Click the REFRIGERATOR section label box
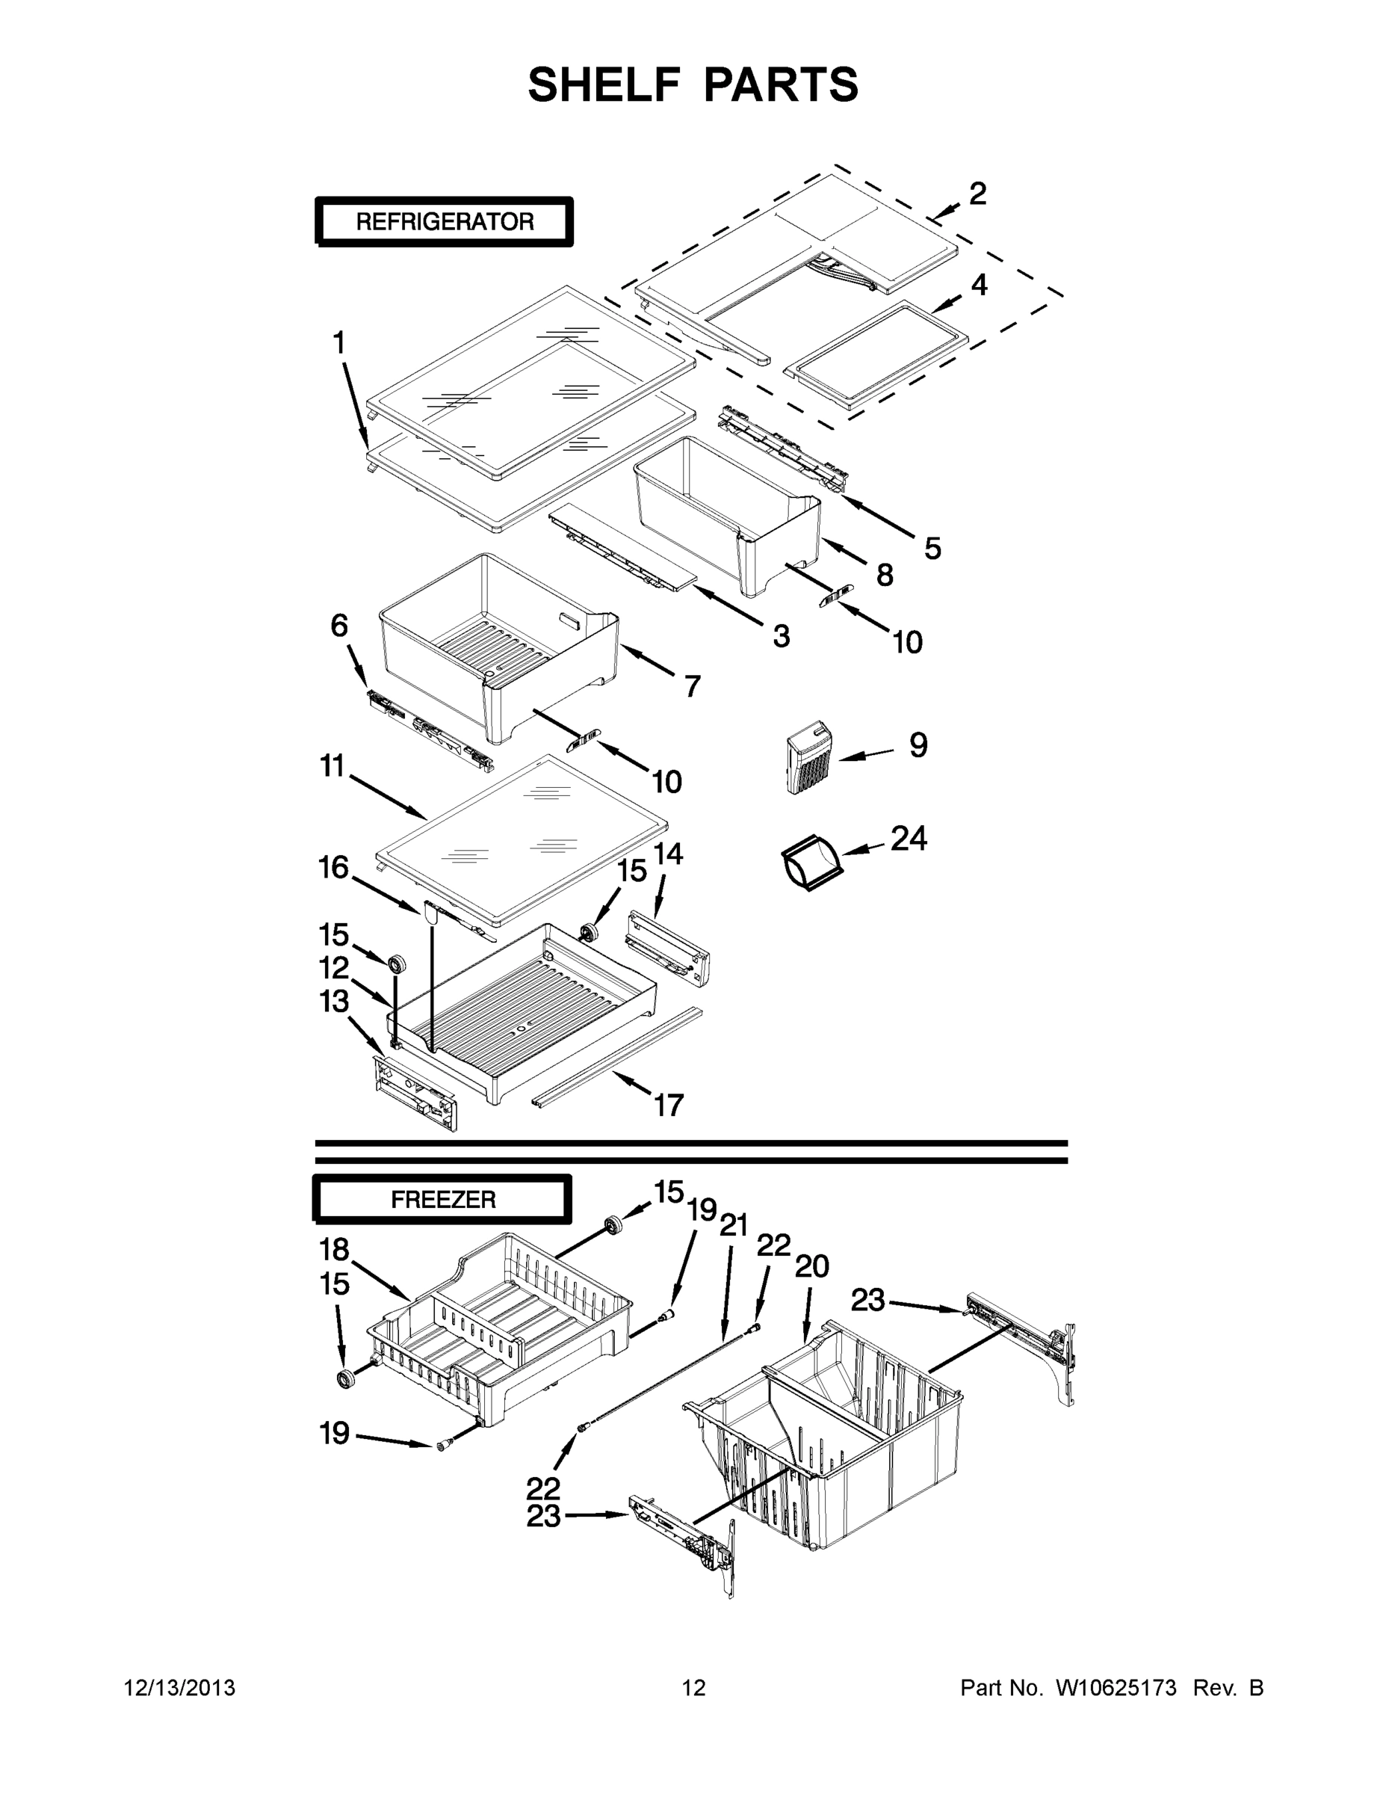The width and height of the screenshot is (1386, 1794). click(x=445, y=222)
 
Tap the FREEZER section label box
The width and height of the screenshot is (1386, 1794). click(x=442, y=1199)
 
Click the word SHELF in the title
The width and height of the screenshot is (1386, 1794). click(x=604, y=84)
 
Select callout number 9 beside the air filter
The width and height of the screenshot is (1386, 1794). click(x=918, y=745)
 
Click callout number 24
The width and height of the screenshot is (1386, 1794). click(x=909, y=839)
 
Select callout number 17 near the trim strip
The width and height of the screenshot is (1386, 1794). click(x=669, y=1105)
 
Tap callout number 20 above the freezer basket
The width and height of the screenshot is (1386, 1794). click(x=812, y=1266)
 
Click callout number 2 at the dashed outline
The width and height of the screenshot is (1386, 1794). click(x=977, y=194)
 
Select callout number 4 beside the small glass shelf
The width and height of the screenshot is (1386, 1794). click(x=979, y=285)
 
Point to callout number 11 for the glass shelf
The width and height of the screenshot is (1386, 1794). click(x=332, y=766)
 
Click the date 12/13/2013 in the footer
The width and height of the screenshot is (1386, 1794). click(x=180, y=1687)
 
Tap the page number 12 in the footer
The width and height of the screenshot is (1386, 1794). click(x=694, y=1687)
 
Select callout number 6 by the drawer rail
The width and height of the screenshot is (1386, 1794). click(x=339, y=625)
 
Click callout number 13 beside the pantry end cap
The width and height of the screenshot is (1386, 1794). click(x=334, y=1002)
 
